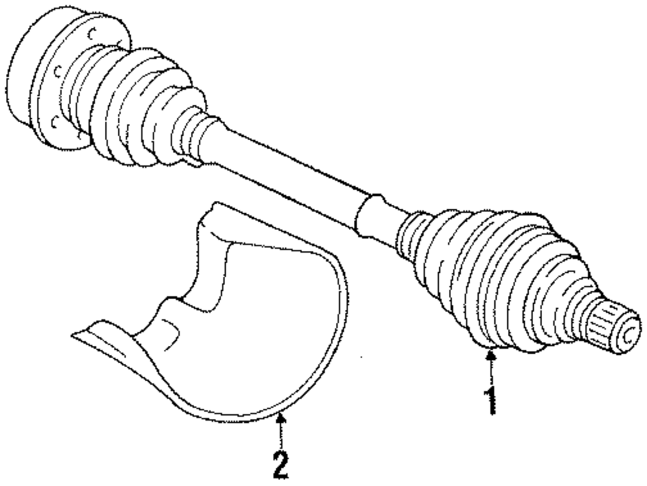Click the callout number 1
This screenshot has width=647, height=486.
tap(492, 399)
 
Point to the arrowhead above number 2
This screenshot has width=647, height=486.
tap(280, 419)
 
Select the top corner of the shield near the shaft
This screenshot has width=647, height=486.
tap(211, 211)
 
